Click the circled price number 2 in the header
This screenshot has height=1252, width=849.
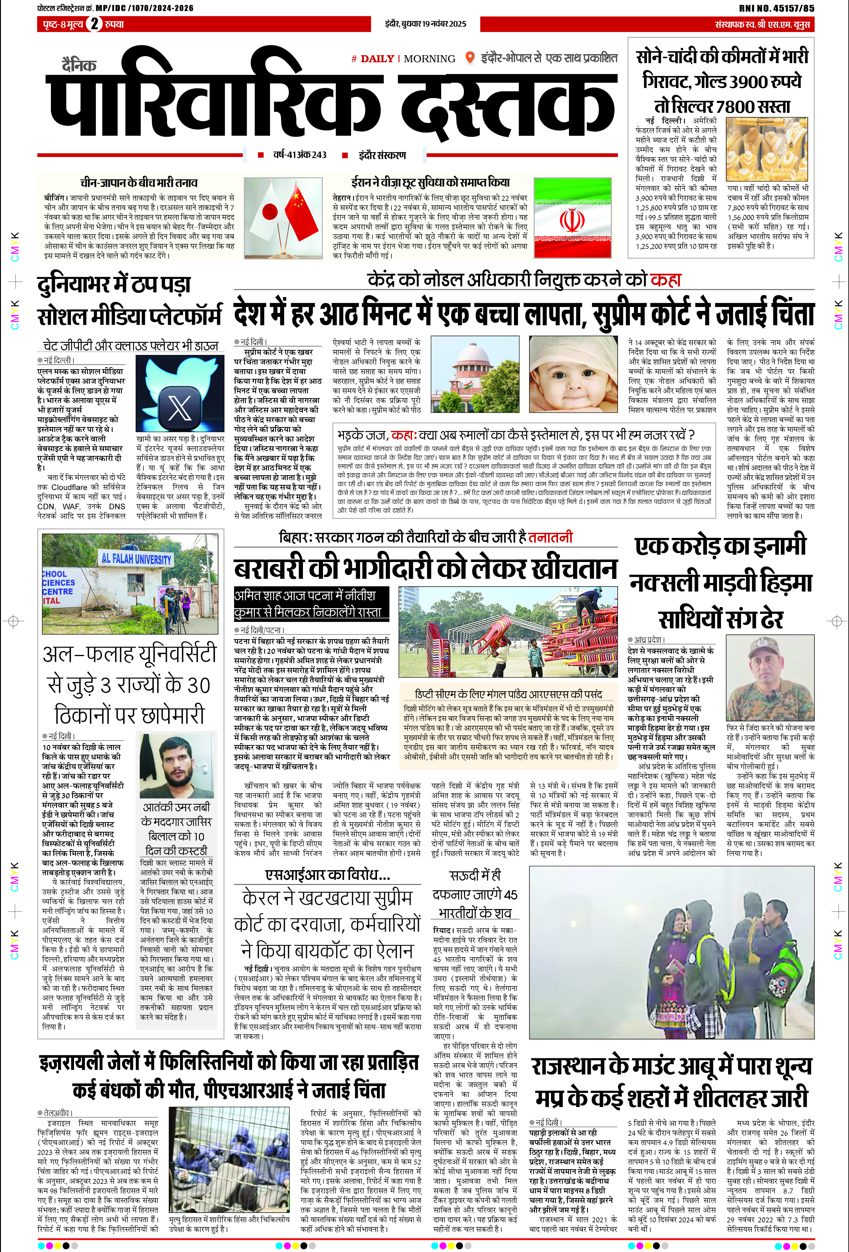[x=94, y=24]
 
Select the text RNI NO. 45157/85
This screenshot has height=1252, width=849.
[x=776, y=8]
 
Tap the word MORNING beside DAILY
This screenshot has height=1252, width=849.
[x=429, y=59]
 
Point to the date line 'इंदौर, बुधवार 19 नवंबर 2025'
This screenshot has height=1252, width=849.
[x=425, y=24]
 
